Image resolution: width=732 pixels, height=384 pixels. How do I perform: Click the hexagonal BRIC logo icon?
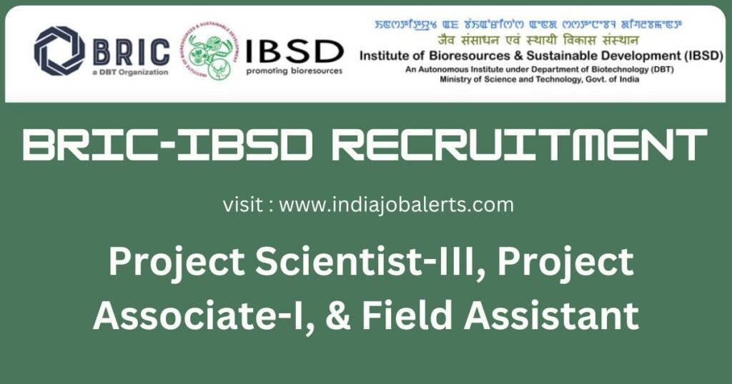(x=59, y=51)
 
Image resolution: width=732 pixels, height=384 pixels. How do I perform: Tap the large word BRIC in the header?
(x=132, y=50)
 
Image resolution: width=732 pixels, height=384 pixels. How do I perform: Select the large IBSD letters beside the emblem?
(x=294, y=50)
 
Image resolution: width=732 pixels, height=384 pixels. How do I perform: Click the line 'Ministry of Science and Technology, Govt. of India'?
(x=539, y=79)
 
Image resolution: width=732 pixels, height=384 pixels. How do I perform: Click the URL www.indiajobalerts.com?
(x=396, y=205)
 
